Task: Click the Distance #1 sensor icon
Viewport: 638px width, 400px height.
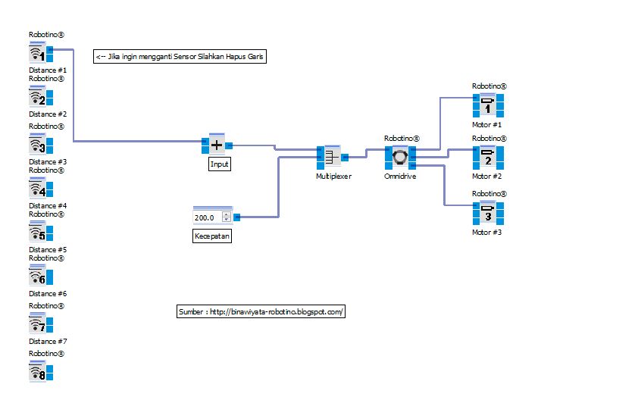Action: pyautogui.click(x=37, y=52)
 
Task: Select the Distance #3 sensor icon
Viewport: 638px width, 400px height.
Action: pyautogui.click(x=37, y=145)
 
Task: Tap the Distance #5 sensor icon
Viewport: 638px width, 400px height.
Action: pyautogui.click(x=37, y=233)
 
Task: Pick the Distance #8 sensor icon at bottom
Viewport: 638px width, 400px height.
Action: pyautogui.click(x=37, y=372)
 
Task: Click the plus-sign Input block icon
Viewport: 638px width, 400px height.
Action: pyautogui.click(x=217, y=145)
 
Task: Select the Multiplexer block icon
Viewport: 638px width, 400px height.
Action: pyautogui.click(x=331, y=158)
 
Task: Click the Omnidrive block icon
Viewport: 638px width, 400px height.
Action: pyautogui.click(x=400, y=158)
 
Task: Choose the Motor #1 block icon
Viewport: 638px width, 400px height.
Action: pyautogui.click(x=488, y=105)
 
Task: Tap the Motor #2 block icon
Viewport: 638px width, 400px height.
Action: pyautogui.click(x=488, y=158)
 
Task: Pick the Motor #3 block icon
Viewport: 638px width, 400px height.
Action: pyautogui.click(x=488, y=213)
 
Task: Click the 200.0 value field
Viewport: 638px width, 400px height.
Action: pyautogui.click(x=206, y=217)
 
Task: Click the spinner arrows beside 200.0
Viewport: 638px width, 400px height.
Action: pyautogui.click(x=226, y=217)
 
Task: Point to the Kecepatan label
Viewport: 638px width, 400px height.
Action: pyautogui.click(x=212, y=236)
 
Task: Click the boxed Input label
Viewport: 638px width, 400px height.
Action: pyautogui.click(x=219, y=164)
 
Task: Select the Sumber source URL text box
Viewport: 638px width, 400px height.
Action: pyautogui.click(x=261, y=311)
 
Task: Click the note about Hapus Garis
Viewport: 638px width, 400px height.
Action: pyautogui.click(x=180, y=57)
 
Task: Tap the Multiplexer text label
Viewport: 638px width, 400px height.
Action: pyautogui.click(x=334, y=176)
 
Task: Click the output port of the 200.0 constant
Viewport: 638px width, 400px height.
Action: pyautogui.click(x=237, y=217)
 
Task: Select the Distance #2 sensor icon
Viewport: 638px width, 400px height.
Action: pyautogui.click(x=37, y=97)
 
